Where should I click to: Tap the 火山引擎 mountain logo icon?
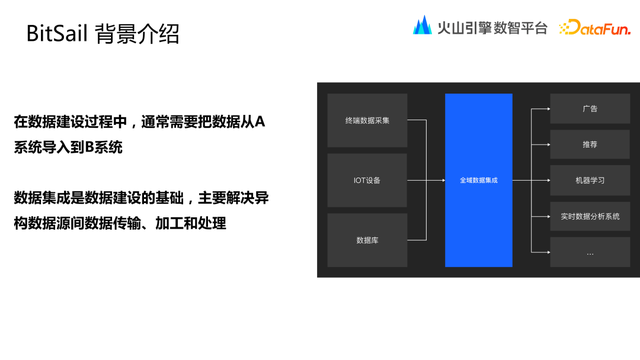[x=422, y=26]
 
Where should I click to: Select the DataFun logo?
[x=593, y=27]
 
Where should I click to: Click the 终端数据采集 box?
[x=367, y=120]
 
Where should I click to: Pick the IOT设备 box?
[x=367, y=180]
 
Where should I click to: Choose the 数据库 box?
[x=367, y=240]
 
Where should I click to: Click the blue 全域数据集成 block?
[x=478, y=180]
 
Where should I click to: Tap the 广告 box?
[x=589, y=108]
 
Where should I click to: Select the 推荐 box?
[x=589, y=144]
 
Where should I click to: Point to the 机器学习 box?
[x=589, y=180]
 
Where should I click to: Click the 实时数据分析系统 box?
[x=589, y=216]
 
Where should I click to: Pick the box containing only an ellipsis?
[x=589, y=252]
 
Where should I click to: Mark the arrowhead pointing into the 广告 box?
[x=546, y=108]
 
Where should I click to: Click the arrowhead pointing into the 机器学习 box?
[x=546, y=180]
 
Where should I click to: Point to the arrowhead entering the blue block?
[x=441, y=180]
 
